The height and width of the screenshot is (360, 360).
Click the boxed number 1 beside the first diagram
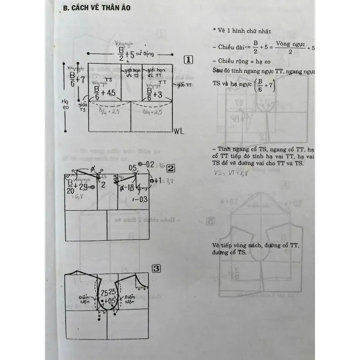(189, 60)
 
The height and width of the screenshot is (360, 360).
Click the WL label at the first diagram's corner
(179, 132)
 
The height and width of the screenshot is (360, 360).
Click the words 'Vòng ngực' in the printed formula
(291, 44)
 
